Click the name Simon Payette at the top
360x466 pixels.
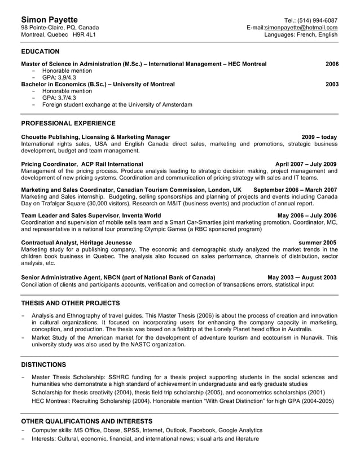49,20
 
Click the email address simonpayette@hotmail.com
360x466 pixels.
301,27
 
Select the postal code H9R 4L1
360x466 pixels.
84,34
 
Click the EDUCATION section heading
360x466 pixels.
40,51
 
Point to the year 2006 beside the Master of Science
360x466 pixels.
332,64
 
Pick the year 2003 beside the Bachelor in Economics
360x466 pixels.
332,84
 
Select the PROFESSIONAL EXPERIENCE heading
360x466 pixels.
68,123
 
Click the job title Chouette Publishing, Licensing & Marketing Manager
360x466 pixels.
95,137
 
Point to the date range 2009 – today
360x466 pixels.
319,137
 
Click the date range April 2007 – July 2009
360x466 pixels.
306,164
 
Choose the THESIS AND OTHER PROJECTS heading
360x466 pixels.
70,303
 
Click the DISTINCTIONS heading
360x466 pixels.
43,364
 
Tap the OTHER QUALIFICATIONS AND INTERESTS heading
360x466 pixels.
86,421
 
